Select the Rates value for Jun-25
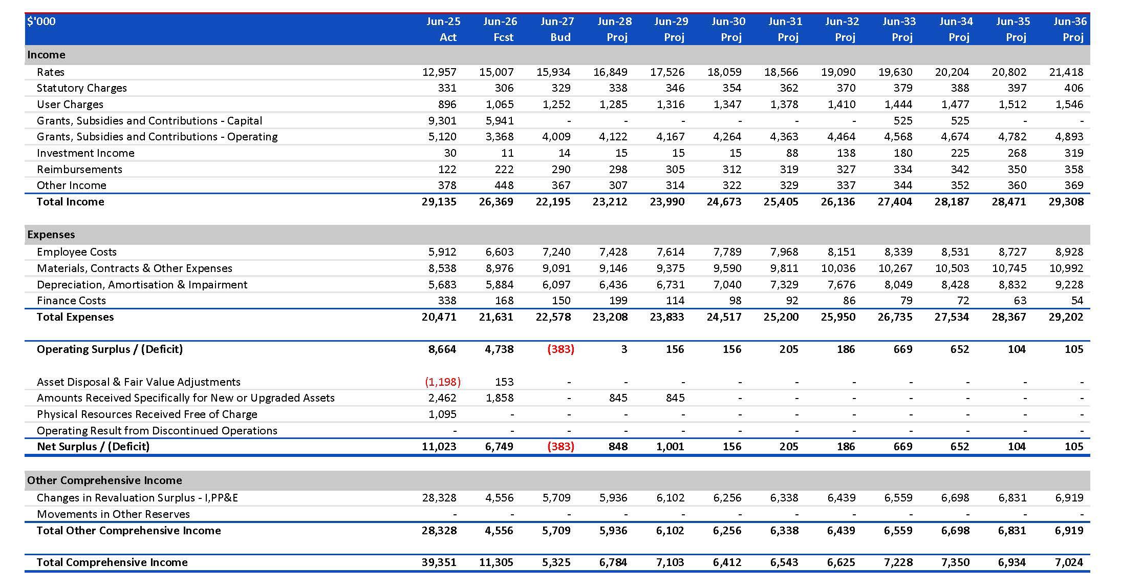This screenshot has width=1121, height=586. [x=439, y=72]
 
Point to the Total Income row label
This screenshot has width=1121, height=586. [x=70, y=202]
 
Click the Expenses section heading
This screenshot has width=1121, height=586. [x=51, y=235]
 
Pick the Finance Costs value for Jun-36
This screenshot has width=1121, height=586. [x=1077, y=301]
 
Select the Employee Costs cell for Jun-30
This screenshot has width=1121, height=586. [x=727, y=252]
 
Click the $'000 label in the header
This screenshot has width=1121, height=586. [x=41, y=22]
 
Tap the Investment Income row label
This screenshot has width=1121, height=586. [x=85, y=153]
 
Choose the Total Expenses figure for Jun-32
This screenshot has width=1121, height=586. [x=838, y=317]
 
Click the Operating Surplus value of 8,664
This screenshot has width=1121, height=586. [x=442, y=349]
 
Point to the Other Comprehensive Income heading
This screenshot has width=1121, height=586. [x=104, y=480]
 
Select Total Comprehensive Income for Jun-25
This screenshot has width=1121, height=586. [x=439, y=562]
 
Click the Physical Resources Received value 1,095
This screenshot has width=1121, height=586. [x=442, y=414]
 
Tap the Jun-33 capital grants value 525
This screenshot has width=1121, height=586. [x=903, y=121]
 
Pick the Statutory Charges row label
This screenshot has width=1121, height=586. [x=82, y=88]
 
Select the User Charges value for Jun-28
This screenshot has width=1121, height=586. [x=613, y=104]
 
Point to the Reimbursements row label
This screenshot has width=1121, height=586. [x=79, y=170]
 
